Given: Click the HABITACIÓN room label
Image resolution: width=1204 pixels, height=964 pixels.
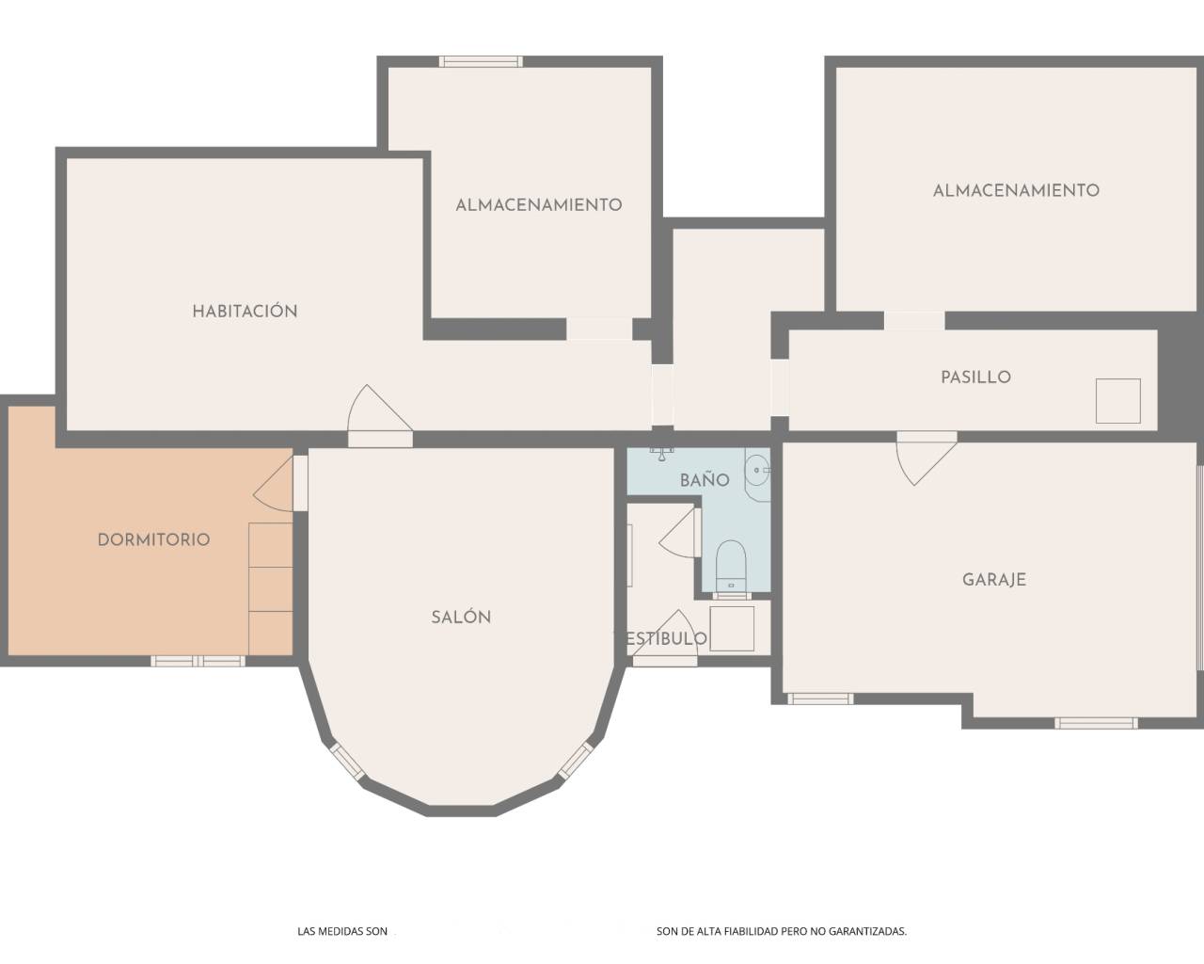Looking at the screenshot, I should (x=245, y=312).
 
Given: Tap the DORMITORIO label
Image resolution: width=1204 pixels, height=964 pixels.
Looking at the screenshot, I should (x=153, y=540).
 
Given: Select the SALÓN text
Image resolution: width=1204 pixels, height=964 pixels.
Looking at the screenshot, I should (x=461, y=618).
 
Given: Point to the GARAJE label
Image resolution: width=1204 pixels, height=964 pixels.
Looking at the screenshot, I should (x=993, y=580).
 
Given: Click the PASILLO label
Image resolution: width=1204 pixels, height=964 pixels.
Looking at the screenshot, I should (x=975, y=378).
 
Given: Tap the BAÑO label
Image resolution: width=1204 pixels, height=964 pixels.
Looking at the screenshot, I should (x=705, y=480).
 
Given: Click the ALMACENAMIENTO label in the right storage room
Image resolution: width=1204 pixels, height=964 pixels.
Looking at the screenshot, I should (x=1016, y=190).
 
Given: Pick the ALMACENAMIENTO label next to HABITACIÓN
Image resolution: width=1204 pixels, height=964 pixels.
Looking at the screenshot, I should (x=538, y=204).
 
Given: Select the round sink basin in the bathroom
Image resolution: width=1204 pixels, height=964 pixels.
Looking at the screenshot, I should (x=757, y=468).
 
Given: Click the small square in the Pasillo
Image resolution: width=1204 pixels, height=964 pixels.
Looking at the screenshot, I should (x=1117, y=401).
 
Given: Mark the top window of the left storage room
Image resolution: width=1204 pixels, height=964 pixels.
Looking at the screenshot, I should (x=481, y=62).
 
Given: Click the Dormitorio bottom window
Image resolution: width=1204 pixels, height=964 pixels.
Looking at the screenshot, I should (x=198, y=661).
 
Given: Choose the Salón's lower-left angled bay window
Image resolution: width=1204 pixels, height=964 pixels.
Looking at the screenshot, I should (x=346, y=761).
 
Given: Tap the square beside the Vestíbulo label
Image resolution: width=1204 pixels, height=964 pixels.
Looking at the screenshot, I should (x=732, y=629).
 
